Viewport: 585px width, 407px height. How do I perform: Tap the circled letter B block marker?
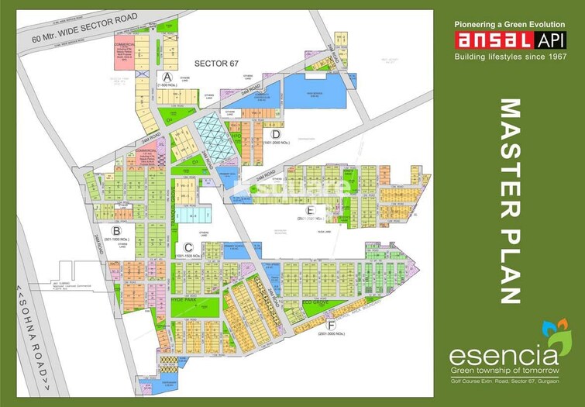point(115,230)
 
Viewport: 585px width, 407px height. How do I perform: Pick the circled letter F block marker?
point(332,323)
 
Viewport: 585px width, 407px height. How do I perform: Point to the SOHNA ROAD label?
point(35,336)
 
